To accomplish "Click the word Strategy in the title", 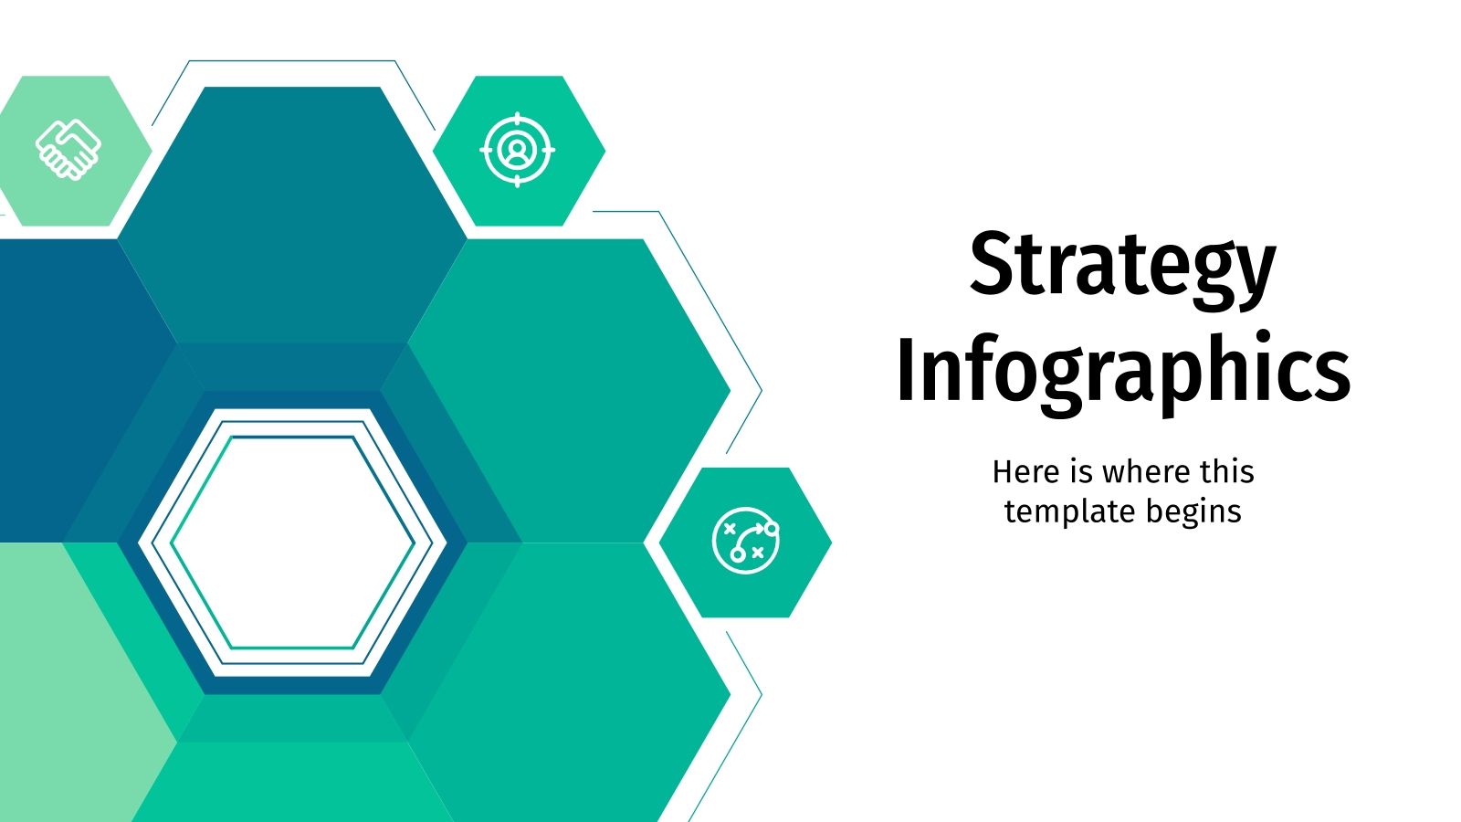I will point(1122,265).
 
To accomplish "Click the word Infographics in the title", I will point(1122,370).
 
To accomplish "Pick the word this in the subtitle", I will point(1226,472).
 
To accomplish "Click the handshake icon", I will point(68,150).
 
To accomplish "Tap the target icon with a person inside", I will point(518,150).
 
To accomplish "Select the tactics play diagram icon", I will point(746,541).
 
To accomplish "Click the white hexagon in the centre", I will point(292,543).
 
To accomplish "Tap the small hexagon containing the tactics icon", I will point(794,585).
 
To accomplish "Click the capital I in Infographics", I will point(907,370).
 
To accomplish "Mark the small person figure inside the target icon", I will point(518,150).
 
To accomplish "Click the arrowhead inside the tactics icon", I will point(760,527).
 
